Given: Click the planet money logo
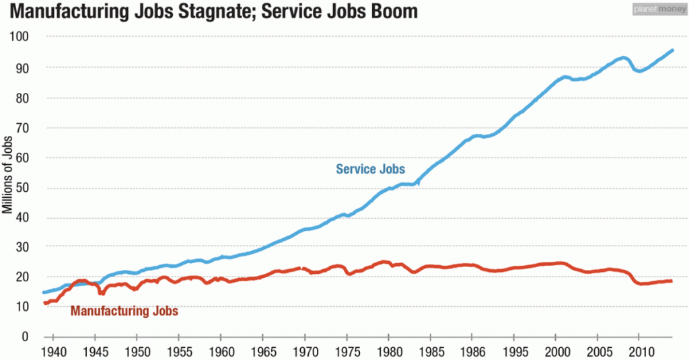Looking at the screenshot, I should pos(657,9).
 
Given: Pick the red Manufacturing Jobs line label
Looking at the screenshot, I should pos(124,311).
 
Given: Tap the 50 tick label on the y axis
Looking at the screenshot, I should pos(25,187).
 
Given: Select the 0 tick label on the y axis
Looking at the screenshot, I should pos(28,336).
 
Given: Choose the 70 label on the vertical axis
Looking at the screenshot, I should pos(25,127).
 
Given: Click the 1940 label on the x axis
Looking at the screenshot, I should pos(53,352).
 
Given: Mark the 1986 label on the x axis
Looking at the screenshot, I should pos(472,352).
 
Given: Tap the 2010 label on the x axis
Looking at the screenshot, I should pos(639,352).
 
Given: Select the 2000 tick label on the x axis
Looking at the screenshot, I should pos(555,352).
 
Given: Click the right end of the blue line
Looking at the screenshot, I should pos(673,50).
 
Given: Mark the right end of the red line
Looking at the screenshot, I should pos(671,281).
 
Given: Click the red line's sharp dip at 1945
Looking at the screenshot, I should pos(101,293).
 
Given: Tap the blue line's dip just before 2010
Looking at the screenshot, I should pos(639,71).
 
